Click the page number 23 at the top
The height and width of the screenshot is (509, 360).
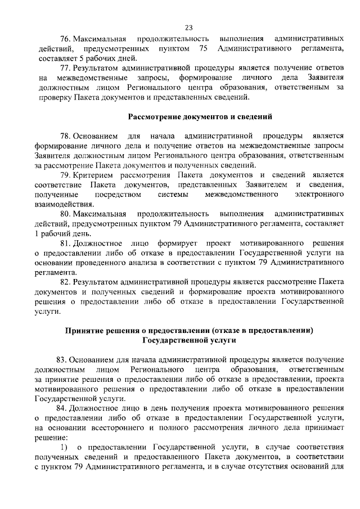coord(188,27)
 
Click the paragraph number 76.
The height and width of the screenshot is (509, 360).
coord(65,39)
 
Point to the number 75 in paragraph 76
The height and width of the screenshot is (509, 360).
coord(204,48)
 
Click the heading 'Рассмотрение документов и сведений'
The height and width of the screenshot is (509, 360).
coord(200,116)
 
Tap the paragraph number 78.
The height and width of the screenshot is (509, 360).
coord(65,137)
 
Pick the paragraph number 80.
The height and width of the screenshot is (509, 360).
coord(65,214)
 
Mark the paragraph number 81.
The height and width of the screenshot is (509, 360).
coord(65,243)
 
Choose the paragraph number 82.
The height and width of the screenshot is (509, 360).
coord(65,282)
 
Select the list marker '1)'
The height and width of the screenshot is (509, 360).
coord(64,447)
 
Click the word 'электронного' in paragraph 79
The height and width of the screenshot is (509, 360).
coord(319,195)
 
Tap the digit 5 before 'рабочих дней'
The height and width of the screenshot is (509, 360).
coord(82,58)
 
